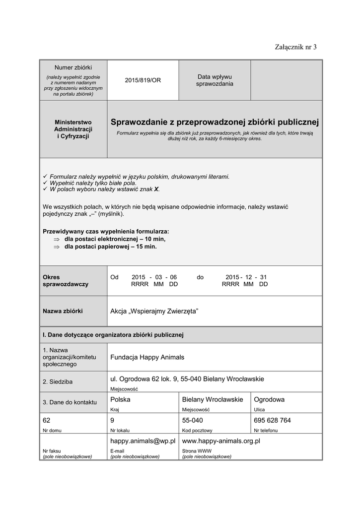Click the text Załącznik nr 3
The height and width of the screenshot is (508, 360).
pyautogui.click(x=295, y=47)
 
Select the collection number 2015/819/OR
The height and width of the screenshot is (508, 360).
pyautogui.click(x=143, y=80)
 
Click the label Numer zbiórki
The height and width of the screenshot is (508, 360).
pyautogui.click(x=73, y=67)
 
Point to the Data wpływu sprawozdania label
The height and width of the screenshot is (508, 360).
pyautogui.click(x=215, y=80)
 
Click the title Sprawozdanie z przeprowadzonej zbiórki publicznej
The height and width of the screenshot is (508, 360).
pyautogui.click(x=215, y=122)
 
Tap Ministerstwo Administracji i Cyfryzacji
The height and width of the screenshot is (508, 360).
pyautogui.click(x=73, y=129)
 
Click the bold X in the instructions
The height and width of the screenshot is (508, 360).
pyautogui.click(x=156, y=190)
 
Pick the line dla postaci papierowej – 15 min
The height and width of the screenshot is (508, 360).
pyautogui.click(x=110, y=246)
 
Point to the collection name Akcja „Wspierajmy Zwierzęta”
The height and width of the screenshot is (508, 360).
pyautogui.click(x=154, y=311)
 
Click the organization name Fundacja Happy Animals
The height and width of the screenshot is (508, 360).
pyautogui.click(x=147, y=357)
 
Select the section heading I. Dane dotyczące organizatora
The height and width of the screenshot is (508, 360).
pyautogui.click(x=113, y=335)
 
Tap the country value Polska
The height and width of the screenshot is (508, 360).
pyautogui.click(x=120, y=399)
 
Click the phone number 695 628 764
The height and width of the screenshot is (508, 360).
pyautogui.click(x=272, y=420)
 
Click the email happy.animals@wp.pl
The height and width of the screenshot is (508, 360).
pyautogui.click(x=143, y=441)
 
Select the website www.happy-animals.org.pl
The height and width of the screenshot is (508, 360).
pyautogui.click(x=221, y=441)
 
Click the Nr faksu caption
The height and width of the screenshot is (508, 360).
pyautogui.click(x=52, y=451)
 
